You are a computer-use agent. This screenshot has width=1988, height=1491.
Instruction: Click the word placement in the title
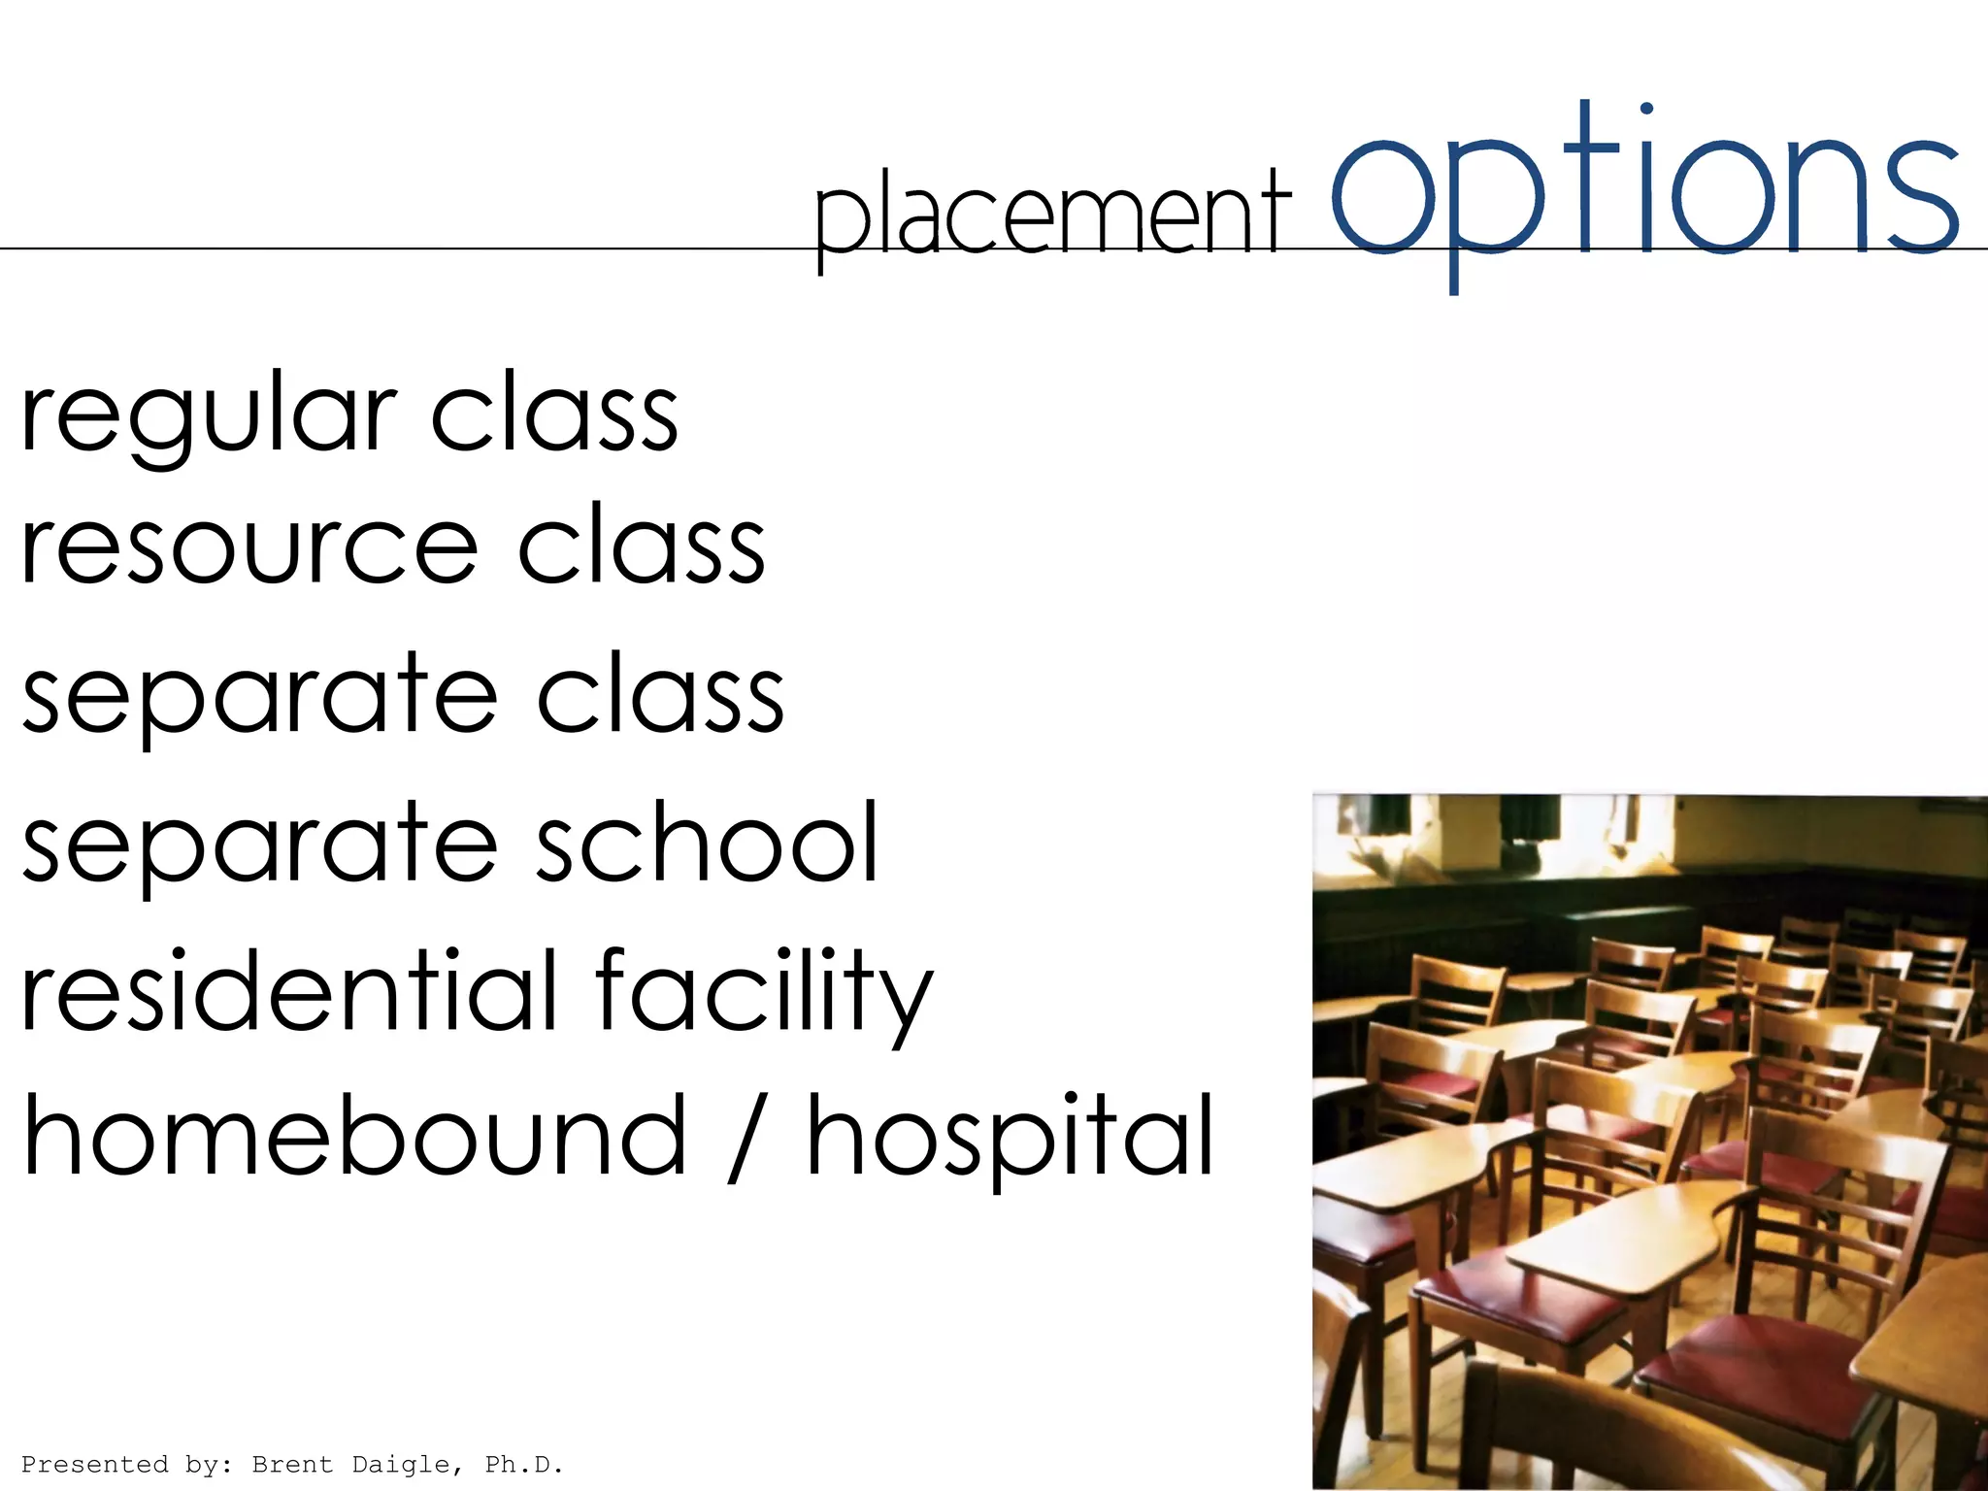tap(1052, 215)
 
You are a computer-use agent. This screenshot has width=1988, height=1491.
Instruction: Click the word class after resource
tap(642, 547)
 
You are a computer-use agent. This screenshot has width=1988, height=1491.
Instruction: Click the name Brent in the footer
tap(292, 1464)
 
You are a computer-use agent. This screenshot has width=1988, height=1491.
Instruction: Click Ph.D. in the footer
tap(524, 1464)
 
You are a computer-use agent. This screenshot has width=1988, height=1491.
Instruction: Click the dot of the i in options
tap(1646, 109)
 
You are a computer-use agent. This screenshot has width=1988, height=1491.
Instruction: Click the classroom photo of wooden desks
tap(1649, 1141)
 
